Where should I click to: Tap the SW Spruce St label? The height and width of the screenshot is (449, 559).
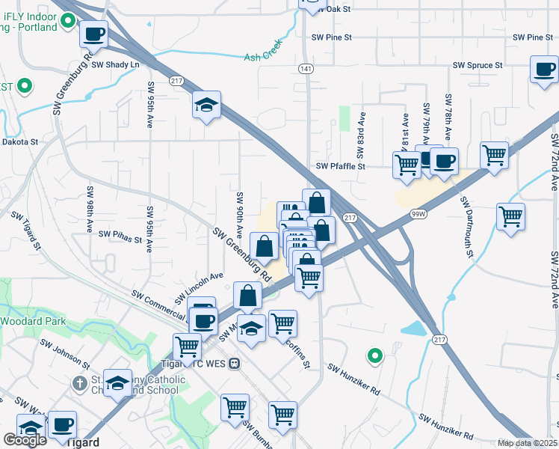click(x=478, y=65)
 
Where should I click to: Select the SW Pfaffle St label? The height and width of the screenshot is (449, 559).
click(x=340, y=166)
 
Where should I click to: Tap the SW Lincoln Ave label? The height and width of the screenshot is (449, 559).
click(x=200, y=287)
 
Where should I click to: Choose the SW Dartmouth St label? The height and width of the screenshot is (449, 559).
click(x=468, y=228)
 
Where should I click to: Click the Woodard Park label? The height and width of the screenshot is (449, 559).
click(x=33, y=321)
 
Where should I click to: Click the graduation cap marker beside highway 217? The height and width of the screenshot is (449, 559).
click(x=206, y=105)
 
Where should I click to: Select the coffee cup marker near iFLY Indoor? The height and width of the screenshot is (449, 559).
click(x=93, y=34)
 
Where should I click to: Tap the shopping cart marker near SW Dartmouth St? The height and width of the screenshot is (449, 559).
click(x=510, y=216)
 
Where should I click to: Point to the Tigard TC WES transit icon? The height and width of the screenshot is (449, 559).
click(x=235, y=364)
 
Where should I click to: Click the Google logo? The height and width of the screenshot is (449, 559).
click(x=25, y=440)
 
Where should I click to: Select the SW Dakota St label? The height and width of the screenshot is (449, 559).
click(x=20, y=141)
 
